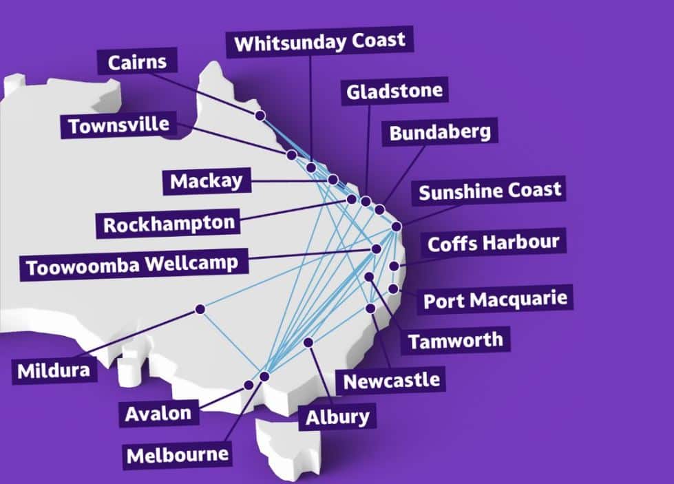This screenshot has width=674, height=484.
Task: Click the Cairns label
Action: [x=138, y=63]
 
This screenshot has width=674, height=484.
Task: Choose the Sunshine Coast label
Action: [x=489, y=191]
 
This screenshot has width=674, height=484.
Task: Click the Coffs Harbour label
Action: [x=493, y=243]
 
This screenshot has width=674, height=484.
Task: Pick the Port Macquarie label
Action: [x=495, y=300]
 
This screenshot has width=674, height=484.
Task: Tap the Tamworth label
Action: [x=455, y=340]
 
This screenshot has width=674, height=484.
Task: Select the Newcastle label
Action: [x=391, y=379]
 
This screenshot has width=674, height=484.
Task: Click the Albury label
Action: [x=337, y=417]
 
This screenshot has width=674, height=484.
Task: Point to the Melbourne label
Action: [x=177, y=454]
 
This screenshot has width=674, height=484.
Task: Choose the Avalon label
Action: [x=158, y=413]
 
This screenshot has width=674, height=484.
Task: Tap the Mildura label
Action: [x=54, y=370]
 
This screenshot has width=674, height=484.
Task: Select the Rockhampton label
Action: [x=169, y=224]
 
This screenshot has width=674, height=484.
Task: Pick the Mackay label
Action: [x=207, y=182]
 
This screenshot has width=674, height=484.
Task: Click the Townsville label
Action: [x=118, y=126]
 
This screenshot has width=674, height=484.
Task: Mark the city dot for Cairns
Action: [x=260, y=116]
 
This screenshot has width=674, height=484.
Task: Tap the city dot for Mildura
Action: [x=200, y=309]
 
